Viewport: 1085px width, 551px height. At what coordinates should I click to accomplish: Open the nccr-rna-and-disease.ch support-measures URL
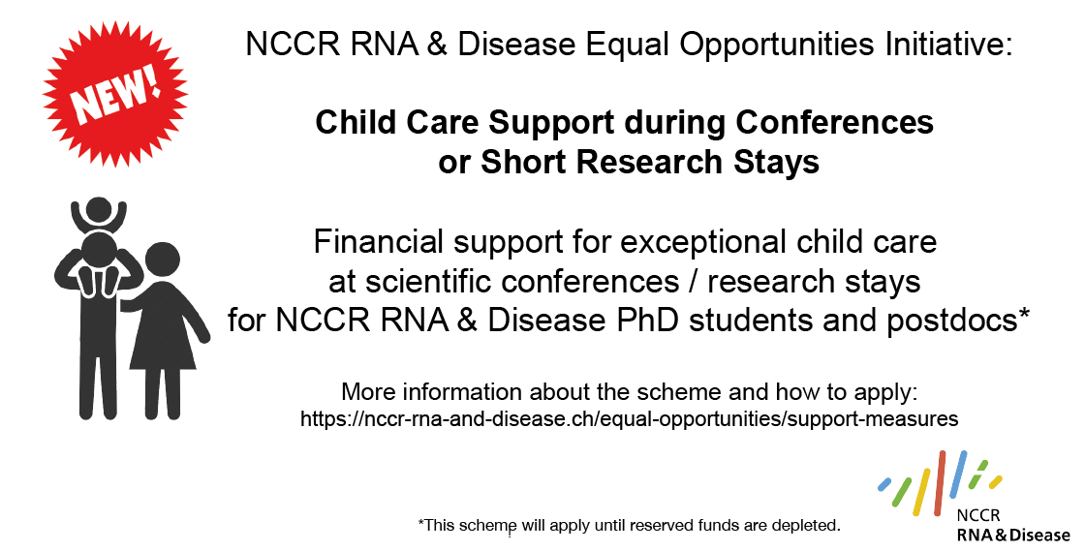[x=629, y=419]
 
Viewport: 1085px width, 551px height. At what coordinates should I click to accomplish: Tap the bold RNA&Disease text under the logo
[x=1012, y=535]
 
